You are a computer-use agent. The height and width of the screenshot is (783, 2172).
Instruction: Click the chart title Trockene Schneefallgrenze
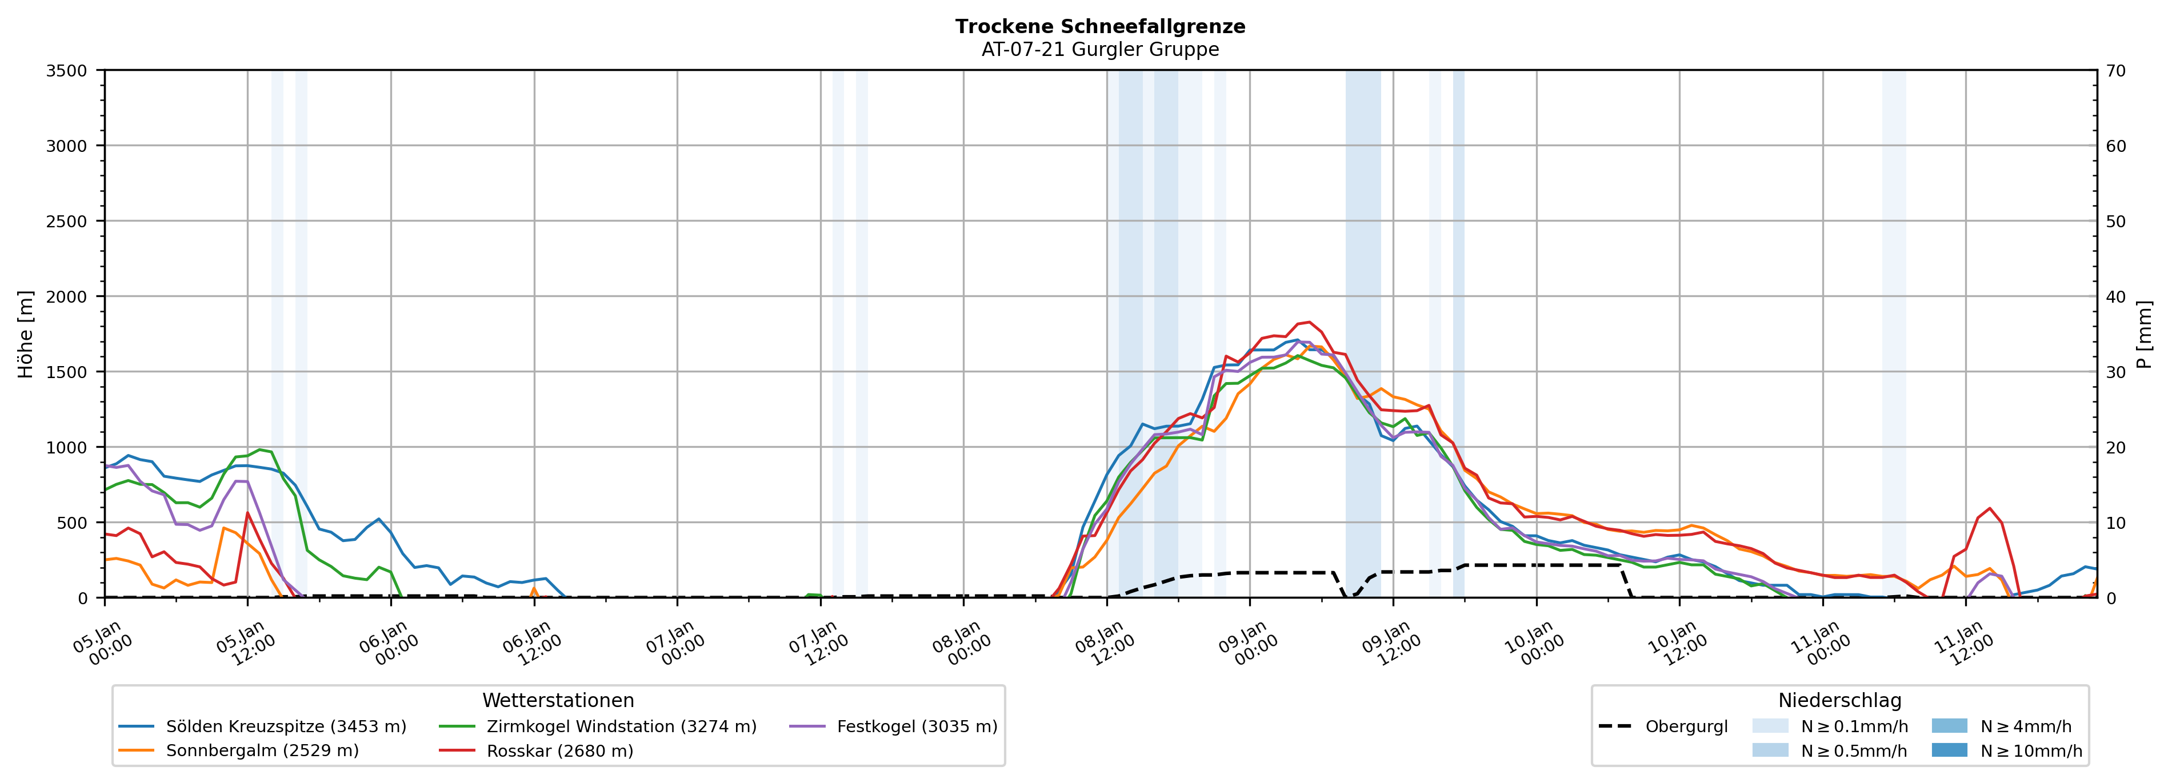point(1099,26)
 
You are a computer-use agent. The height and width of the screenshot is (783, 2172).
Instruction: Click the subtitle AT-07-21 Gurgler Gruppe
point(1099,50)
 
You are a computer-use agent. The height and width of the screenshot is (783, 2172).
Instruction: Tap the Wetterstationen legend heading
point(558,700)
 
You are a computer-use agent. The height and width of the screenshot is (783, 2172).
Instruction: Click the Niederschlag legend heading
point(1840,700)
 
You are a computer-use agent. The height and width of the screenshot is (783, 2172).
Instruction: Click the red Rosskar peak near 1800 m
point(1308,322)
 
